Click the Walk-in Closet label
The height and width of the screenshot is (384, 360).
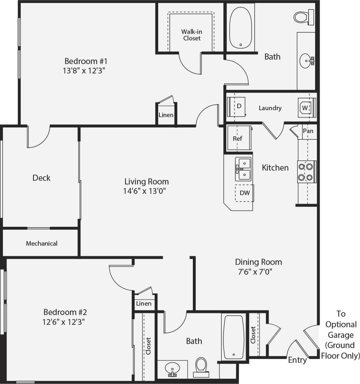[191, 35]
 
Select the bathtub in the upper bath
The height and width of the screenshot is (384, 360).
[241, 28]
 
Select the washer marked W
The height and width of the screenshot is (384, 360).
[306, 108]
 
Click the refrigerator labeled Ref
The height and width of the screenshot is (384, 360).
[238, 138]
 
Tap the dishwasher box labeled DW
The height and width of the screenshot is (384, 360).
[245, 193]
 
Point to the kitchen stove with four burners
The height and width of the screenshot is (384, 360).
[306, 172]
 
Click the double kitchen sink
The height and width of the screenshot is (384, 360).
[243, 169]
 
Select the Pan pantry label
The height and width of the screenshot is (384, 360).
[308, 131]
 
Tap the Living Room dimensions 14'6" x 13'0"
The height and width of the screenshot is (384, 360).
[146, 191]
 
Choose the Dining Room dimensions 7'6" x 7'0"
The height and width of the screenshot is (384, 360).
[258, 271]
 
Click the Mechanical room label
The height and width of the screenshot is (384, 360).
[42, 244]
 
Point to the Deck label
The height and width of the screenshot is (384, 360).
[42, 178]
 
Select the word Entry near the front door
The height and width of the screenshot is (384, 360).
[297, 360]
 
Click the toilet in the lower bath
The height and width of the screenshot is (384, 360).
[201, 365]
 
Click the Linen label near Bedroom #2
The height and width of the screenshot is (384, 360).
[144, 304]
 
